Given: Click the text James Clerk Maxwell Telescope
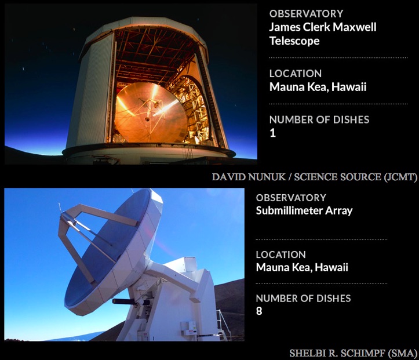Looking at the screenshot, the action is tap(323, 34).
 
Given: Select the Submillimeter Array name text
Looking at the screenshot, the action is tap(304, 210).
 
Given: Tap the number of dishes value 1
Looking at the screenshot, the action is tap(272, 133).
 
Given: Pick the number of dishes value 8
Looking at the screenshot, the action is tap(259, 311).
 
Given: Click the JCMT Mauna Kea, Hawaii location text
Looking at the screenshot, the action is tap(318, 87).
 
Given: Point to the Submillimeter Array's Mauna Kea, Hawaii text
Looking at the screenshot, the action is tap(302, 267).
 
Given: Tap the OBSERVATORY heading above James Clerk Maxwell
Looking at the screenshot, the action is tap(306, 14).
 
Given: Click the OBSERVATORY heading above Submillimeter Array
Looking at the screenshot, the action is tap(291, 198).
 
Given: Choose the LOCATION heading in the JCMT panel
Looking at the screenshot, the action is tap(296, 74).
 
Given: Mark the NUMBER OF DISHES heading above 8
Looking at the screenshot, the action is tap(303, 299).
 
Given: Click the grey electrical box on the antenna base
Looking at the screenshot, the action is tap(189, 328).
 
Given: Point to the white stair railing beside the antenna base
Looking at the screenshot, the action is tap(223, 324).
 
